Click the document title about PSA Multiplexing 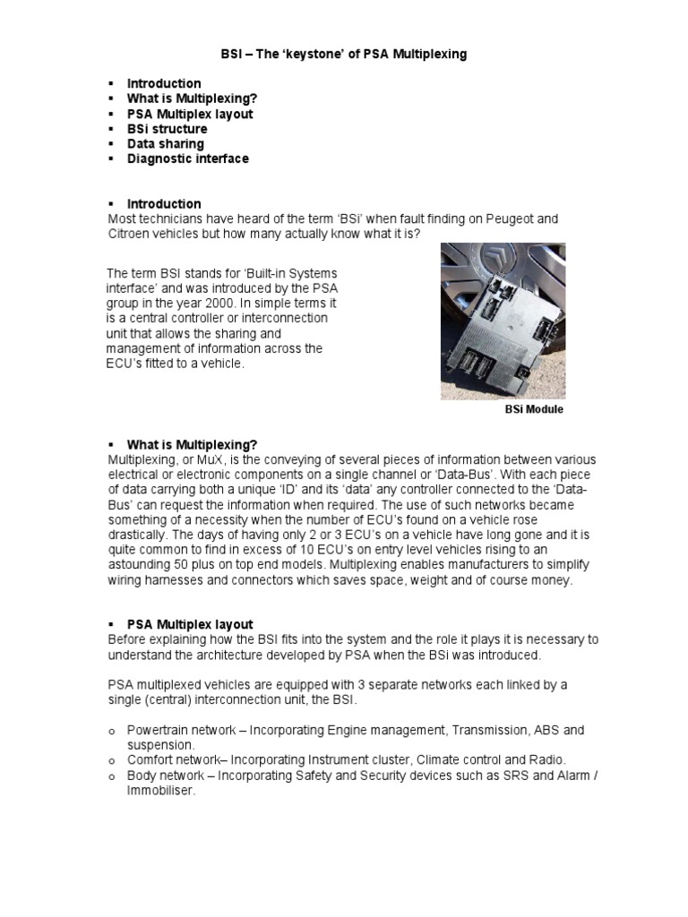point(344,55)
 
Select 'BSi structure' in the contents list point(167,129)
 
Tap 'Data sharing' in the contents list point(165,143)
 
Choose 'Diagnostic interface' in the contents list point(187,159)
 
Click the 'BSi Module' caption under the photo point(535,409)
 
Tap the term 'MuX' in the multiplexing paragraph point(205,459)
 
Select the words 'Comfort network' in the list point(173,759)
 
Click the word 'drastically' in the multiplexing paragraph point(140,535)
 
